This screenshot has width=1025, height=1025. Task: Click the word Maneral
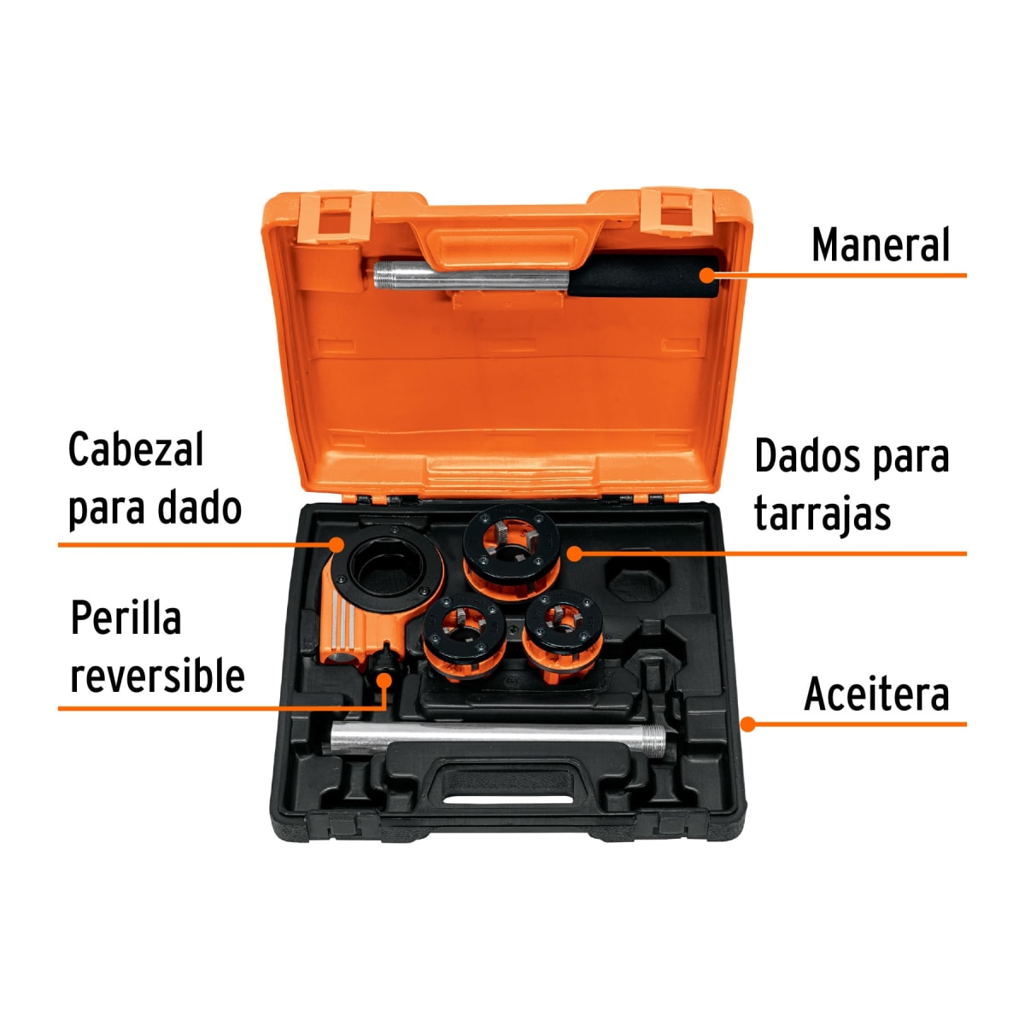coord(880,245)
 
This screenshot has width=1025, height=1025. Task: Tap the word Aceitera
coord(876,694)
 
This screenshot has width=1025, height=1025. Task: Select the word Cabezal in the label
coord(135,450)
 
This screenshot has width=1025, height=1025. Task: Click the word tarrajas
coord(822,514)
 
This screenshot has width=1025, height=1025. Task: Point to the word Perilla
coord(126,618)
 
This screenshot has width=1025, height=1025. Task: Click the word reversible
coord(157,676)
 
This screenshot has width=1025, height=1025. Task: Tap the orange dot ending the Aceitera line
coord(747,724)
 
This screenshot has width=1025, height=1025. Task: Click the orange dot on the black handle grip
coord(706,274)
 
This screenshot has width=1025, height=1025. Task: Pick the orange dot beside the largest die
coord(574,553)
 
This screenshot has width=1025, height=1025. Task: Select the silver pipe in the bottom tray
coord(495,736)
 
